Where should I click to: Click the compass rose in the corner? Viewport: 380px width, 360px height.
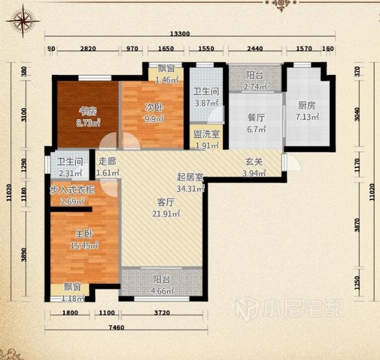point(23,21)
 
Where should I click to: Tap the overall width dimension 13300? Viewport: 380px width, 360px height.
point(180,34)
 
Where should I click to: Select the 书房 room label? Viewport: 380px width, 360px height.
point(88,111)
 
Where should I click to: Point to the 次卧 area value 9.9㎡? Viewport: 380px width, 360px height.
point(154,119)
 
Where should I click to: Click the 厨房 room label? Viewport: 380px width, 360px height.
point(307,106)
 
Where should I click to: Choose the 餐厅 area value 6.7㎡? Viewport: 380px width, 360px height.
point(256,129)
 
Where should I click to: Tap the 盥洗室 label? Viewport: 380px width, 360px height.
point(207,134)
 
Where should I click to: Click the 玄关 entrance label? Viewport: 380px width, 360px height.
point(254,162)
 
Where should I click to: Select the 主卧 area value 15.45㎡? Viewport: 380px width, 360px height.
point(84,246)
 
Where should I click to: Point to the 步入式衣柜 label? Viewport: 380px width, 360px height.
point(72,190)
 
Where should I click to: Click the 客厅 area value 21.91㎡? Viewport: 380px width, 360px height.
point(166,214)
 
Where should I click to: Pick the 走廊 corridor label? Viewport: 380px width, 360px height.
point(107,161)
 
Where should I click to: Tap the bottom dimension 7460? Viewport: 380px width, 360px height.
point(116,327)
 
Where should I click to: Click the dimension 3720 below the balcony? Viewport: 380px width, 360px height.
point(162,313)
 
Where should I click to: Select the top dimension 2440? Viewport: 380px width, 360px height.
point(255,49)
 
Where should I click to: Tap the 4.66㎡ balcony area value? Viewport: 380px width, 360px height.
point(162,291)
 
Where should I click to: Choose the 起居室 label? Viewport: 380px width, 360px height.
point(190,177)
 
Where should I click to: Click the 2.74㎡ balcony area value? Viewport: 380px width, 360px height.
point(255,87)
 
